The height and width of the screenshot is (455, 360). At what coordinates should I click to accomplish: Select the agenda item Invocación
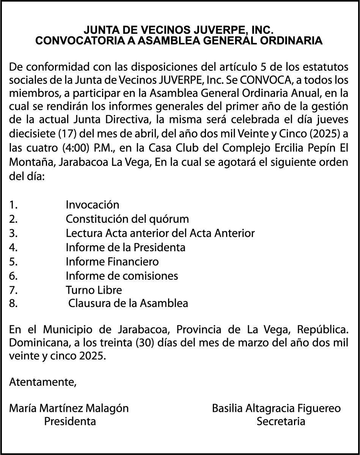pyautogui.click(x=92, y=205)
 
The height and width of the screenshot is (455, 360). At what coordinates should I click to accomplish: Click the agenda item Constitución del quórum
pyautogui.click(x=127, y=219)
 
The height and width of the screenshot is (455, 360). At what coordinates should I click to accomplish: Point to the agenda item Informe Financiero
pyautogui.click(x=112, y=261)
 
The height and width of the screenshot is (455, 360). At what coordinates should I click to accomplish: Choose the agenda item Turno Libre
pyautogui.click(x=94, y=290)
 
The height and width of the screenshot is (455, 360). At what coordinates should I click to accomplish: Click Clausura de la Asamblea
pyautogui.click(x=128, y=304)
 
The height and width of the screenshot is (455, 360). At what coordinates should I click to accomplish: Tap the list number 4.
pyautogui.click(x=13, y=247)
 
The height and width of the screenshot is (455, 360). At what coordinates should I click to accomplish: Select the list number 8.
pyautogui.click(x=13, y=304)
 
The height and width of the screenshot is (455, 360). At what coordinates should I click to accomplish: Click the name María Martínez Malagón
pyautogui.click(x=69, y=408)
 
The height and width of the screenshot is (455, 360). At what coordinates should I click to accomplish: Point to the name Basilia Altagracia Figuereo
pyautogui.click(x=276, y=408)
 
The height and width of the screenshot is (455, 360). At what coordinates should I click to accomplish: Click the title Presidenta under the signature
pyautogui.click(x=70, y=421)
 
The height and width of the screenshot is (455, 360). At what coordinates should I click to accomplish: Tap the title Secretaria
pyautogui.click(x=281, y=421)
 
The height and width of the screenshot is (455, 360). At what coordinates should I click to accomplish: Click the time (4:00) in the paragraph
pyautogui.click(x=90, y=148)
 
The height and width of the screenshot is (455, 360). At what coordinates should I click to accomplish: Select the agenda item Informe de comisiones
pyautogui.click(x=122, y=276)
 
